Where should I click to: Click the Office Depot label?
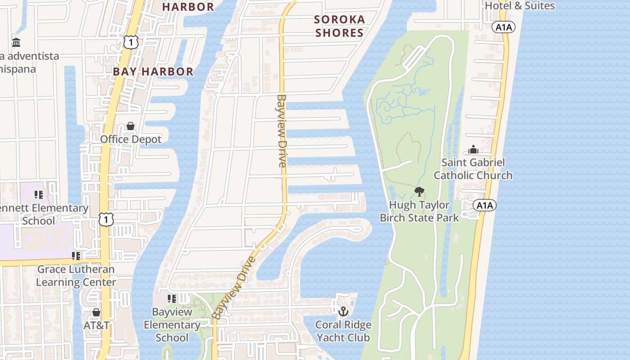(x=130, y=139)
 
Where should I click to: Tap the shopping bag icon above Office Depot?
(x=130, y=126)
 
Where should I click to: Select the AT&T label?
(x=96, y=325)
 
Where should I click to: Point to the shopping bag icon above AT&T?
(x=96, y=312)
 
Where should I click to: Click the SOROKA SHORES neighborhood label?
(x=339, y=26)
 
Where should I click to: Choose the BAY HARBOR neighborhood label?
(x=153, y=72)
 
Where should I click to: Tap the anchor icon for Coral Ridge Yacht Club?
(x=343, y=311)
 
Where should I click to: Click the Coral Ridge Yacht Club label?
(x=343, y=331)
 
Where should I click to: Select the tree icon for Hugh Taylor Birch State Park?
(x=419, y=192)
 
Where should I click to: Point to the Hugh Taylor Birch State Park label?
(x=419, y=211)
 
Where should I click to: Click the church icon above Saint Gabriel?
(x=473, y=149)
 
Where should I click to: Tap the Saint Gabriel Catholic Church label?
(x=473, y=169)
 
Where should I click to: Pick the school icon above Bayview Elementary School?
(x=172, y=298)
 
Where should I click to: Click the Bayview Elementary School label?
(x=172, y=324)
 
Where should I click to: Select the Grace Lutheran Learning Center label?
(x=76, y=276)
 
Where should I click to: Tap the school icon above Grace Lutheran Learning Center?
(x=76, y=256)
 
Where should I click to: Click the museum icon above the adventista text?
(x=17, y=43)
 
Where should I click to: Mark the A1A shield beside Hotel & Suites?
(x=504, y=27)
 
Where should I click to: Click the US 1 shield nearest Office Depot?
(x=130, y=42)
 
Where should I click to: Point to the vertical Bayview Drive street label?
(x=282, y=130)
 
